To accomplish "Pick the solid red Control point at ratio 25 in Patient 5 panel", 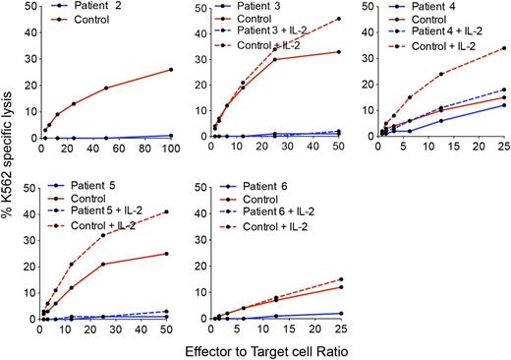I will (103, 264).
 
